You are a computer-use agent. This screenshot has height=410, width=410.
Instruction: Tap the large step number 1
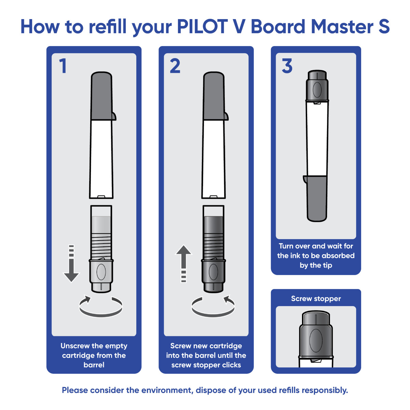(63, 66)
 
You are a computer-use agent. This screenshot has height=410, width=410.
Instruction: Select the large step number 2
(175, 66)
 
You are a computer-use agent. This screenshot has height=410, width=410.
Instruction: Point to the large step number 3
(287, 66)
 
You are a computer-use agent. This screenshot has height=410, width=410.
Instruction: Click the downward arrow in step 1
(71, 265)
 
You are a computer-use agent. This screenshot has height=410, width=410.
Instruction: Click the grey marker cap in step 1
(102, 96)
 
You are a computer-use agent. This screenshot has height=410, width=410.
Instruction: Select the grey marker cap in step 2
(214, 96)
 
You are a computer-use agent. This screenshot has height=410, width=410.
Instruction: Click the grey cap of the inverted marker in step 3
(317, 198)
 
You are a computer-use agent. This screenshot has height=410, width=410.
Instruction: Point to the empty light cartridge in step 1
(101, 232)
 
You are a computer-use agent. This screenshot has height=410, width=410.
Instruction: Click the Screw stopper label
(316, 299)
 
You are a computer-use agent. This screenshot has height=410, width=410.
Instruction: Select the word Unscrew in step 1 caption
(76, 346)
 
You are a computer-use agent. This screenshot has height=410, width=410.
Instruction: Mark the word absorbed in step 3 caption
(338, 256)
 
